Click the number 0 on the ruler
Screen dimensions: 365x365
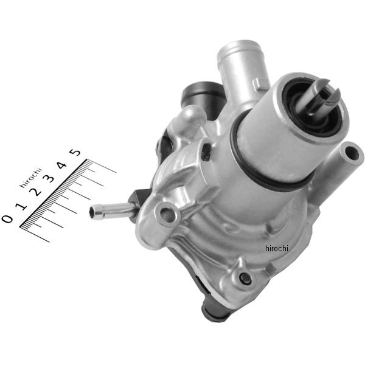[7, 218]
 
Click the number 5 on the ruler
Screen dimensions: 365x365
[75, 153]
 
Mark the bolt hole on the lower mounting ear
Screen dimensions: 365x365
[245, 279]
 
